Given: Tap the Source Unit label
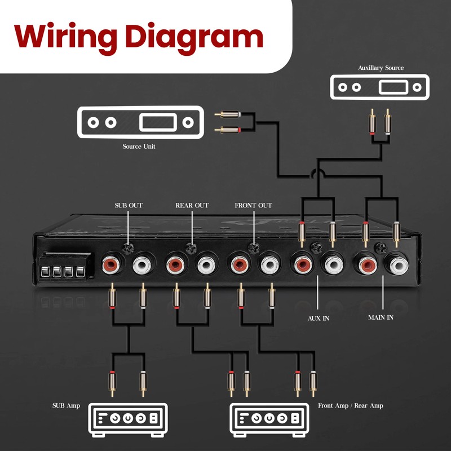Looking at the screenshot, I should (x=139, y=147).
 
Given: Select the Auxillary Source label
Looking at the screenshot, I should (x=381, y=68).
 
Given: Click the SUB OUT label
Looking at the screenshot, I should (x=129, y=205).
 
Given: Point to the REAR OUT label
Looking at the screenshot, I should (x=192, y=205).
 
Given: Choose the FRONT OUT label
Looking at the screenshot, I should (x=253, y=205).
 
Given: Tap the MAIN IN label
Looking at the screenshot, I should (x=381, y=318).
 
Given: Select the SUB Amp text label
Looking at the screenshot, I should (x=66, y=405).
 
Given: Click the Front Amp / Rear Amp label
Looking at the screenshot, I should (x=351, y=405).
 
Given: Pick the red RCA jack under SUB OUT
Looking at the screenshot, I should (x=110, y=263).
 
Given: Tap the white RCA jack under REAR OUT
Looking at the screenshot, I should (x=206, y=263).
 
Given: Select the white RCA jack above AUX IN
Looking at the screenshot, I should (x=331, y=263).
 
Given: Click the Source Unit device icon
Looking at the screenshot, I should (x=139, y=122).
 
